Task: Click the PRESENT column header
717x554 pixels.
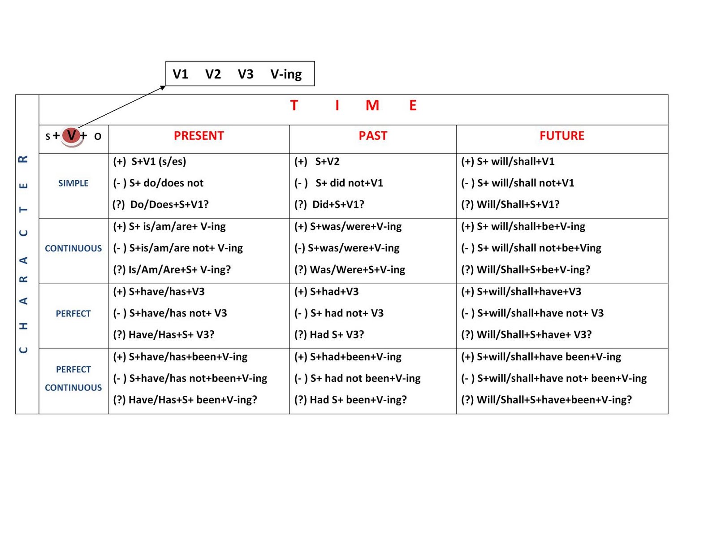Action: point(199,136)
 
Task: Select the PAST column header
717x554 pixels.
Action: point(372,136)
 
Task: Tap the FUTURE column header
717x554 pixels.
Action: point(562,136)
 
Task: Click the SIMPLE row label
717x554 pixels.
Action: point(73,183)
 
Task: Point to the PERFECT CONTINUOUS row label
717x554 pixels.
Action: point(73,378)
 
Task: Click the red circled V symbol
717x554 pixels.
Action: point(71,135)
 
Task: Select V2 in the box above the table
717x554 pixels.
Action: point(213,74)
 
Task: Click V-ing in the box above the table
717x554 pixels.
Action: point(286,74)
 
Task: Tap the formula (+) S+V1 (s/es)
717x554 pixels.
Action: point(149,161)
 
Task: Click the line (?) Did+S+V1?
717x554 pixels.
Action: point(329,204)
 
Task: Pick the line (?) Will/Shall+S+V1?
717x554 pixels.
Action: point(510,204)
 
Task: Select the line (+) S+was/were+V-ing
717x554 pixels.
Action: point(348,226)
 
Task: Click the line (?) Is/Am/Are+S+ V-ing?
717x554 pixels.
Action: point(172,269)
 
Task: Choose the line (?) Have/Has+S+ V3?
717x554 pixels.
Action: point(164,335)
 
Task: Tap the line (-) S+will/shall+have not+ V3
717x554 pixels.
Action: point(532,313)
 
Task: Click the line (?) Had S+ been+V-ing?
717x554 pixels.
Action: point(350,400)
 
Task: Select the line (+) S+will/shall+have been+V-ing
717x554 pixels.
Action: point(541,357)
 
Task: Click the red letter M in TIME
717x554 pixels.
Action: point(372,106)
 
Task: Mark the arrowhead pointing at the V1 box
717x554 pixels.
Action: point(164,87)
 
